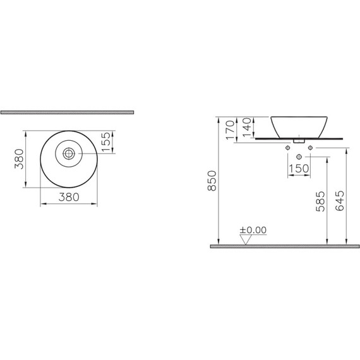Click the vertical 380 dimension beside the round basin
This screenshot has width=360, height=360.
coord(20,159)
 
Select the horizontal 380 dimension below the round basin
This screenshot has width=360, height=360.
coord(68,196)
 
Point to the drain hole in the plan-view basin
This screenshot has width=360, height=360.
coord(68,153)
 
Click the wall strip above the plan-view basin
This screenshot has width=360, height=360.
coord(67,112)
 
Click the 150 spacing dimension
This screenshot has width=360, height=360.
coord(298,169)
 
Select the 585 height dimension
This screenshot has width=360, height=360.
coord(321,201)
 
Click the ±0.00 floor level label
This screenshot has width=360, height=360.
coord(253,231)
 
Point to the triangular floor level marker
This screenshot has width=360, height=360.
coord(244,239)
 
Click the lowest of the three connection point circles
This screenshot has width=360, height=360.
coord(298,156)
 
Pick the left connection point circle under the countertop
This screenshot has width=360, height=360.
coord(287,148)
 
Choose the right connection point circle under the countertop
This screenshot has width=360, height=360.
coord(310,148)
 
